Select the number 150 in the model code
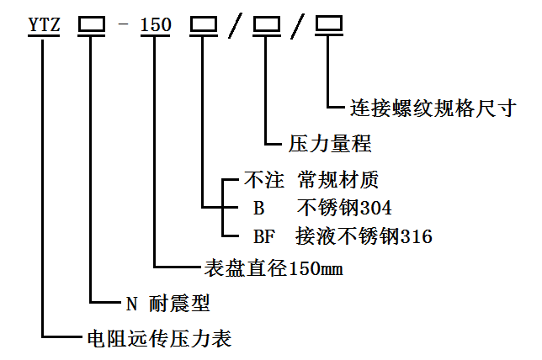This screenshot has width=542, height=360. [156, 25]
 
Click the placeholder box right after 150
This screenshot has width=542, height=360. [203, 25]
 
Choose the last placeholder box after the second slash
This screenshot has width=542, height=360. [329, 25]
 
